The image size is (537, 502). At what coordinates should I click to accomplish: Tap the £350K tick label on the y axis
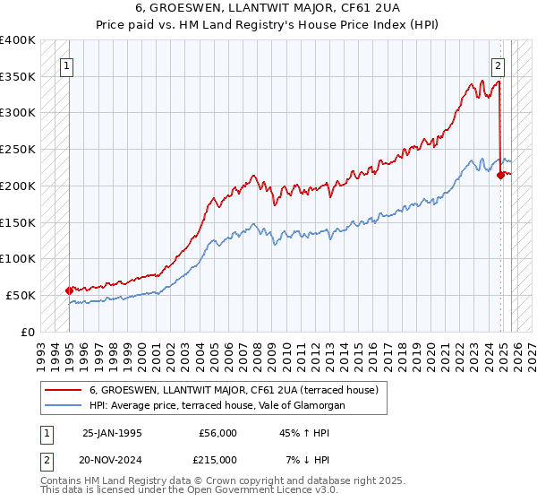[18, 77]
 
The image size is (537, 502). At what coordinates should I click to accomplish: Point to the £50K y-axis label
[21, 295]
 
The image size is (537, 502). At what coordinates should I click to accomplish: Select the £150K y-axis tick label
[18, 222]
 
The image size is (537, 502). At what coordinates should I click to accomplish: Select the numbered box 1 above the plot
[67, 65]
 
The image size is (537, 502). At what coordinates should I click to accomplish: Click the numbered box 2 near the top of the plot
[498, 65]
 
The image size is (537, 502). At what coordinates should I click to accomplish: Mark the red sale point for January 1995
[70, 290]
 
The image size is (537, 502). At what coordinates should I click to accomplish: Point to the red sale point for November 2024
[500, 175]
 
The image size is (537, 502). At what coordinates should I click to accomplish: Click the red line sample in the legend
[62, 390]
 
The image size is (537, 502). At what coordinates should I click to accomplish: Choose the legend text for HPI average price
[217, 405]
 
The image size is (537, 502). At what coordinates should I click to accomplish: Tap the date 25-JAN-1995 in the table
[112, 433]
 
